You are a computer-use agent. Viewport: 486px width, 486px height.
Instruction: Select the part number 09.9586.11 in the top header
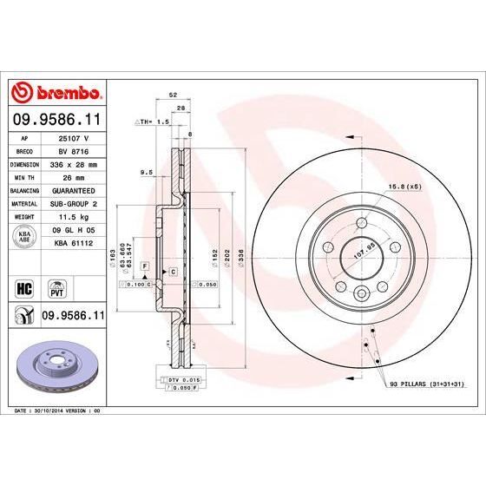coord(56,118)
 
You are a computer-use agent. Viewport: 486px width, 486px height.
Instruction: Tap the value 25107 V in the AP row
coord(73,138)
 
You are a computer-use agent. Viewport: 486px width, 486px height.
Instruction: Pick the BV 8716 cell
coord(73,150)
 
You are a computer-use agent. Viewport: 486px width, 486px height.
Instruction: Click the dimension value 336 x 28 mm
coord(73,163)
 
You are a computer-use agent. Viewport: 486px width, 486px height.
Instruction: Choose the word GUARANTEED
coord(73,188)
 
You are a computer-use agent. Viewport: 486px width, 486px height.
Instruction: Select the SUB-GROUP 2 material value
coord(73,201)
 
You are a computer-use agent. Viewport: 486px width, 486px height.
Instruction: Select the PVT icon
coord(56,286)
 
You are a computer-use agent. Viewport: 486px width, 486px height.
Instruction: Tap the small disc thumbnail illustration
coord(56,358)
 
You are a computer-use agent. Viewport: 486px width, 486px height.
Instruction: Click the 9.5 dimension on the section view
coord(147,173)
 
